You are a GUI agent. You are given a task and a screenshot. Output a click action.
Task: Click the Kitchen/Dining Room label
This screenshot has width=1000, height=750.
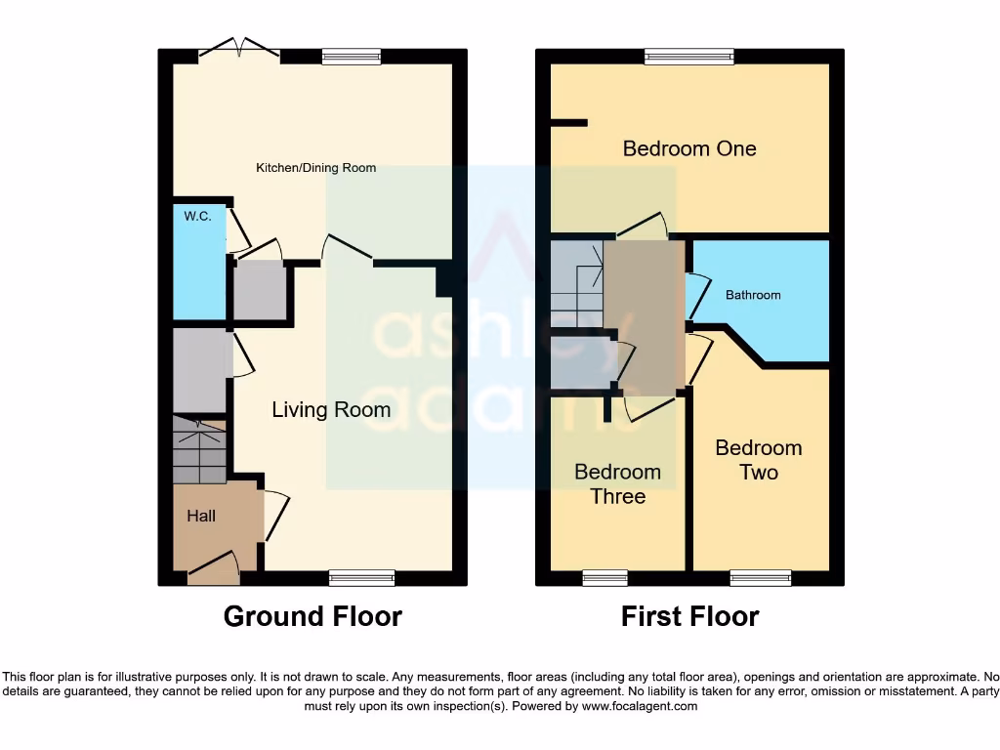[315, 168]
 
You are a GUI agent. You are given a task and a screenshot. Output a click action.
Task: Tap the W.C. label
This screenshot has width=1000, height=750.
[197, 217]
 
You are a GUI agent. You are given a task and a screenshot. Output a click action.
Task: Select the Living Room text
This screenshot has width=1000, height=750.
[331, 410]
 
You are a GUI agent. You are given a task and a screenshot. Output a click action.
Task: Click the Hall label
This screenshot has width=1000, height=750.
[201, 516]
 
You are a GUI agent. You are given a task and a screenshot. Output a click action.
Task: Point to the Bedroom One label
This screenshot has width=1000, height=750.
[689, 148]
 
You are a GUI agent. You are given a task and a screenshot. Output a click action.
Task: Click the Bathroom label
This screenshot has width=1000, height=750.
[753, 295]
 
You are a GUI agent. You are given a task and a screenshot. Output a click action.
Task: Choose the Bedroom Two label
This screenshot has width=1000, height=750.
[759, 460]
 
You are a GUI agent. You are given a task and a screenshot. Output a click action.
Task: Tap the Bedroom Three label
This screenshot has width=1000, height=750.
[617, 484]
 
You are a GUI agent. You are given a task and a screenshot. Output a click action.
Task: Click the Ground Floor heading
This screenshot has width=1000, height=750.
[312, 616]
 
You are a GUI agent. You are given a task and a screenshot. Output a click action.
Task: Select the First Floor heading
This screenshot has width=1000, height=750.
[689, 616]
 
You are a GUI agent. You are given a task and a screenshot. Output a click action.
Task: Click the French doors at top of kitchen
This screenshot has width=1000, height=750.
[239, 51]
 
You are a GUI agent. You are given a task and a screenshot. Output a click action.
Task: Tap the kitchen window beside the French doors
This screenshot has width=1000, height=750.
[352, 58]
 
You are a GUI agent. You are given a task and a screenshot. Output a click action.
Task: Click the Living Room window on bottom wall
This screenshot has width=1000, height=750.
[362, 578]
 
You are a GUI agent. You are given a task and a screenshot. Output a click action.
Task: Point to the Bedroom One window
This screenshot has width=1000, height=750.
[688, 58]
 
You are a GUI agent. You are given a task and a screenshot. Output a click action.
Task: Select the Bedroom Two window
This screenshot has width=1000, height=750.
[760, 578]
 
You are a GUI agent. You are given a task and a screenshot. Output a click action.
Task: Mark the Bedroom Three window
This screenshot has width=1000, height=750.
[605, 578]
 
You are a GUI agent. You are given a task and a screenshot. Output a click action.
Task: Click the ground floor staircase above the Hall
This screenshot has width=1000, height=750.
[199, 449]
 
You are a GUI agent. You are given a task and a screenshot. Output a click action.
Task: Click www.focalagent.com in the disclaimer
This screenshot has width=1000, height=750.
[640, 706]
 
